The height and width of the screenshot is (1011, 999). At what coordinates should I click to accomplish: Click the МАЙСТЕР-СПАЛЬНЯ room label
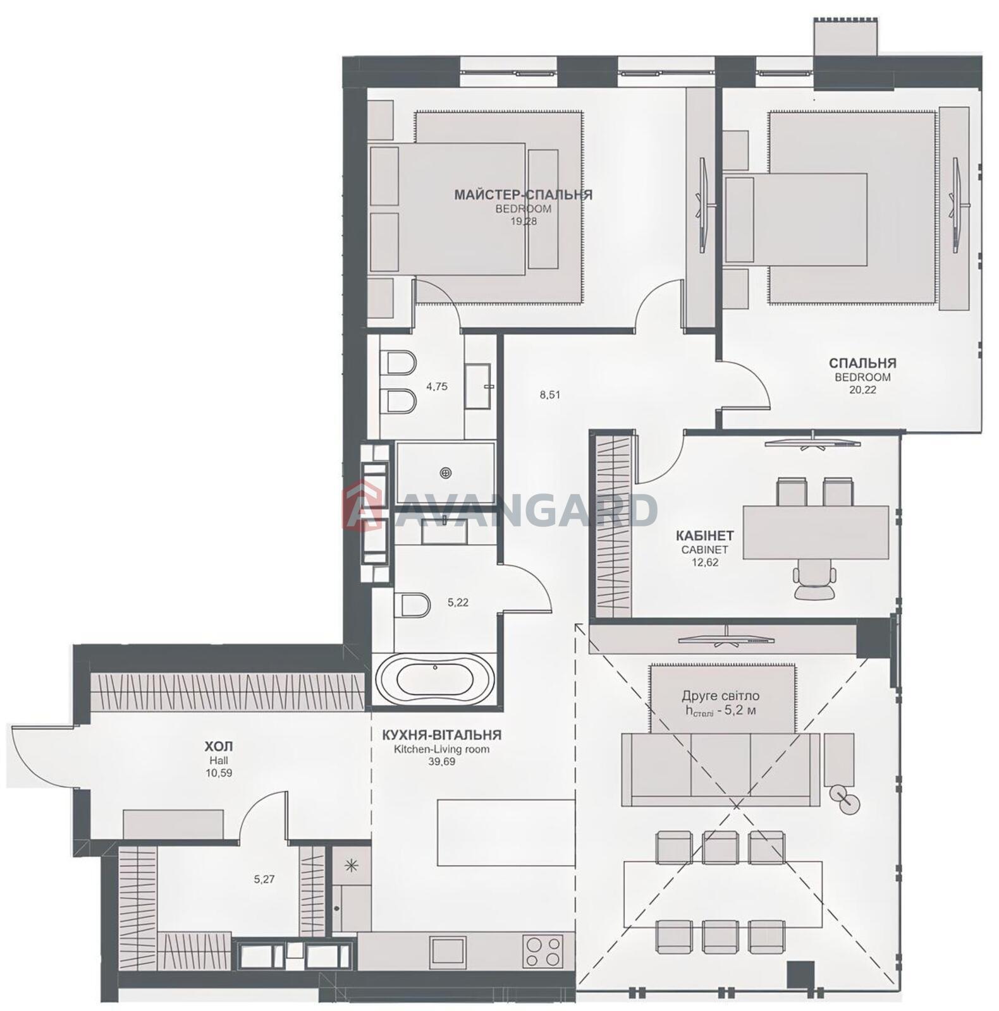pyautogui.click(x=523, y=195)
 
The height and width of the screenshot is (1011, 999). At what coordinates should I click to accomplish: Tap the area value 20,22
pyautogui.click(x=862, y=390)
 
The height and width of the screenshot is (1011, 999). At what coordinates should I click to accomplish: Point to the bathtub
pyautogui.click(x=434, y=679)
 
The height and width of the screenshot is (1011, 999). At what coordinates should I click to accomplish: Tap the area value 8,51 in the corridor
pyautogui.click(x=549, y=395)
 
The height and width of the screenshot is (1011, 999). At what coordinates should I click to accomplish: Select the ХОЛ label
pyautogui.click(x=219, y=748)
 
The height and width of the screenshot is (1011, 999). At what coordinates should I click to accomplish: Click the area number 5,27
pyautogui.click(x=264, y=878)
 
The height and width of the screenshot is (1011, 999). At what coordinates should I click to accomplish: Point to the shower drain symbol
pyautogui.click(x=447, y=472)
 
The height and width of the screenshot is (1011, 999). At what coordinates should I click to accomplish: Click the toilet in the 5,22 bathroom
pyautogui.click(x=412, y=605)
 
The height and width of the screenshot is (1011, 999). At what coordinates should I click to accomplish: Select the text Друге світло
pyautogui.click(x=721, y=696)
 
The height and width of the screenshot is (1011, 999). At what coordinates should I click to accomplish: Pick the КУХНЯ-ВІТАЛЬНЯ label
pyautogui.click(x=441, y=735)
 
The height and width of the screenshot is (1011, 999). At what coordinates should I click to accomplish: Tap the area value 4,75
pyautogui.click(x=436, y=386)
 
